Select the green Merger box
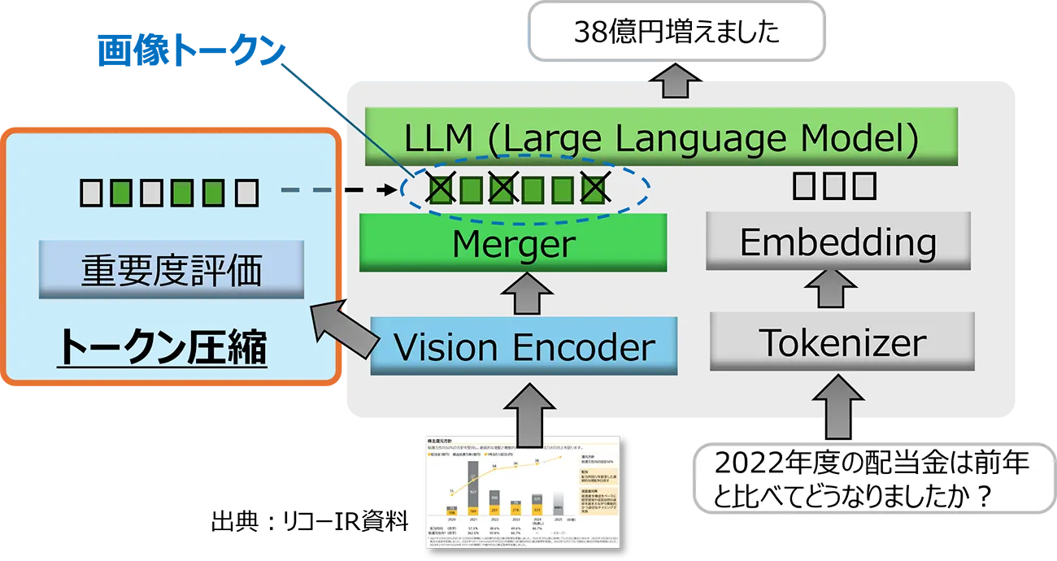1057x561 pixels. pyautogui.click(x=513, y=242)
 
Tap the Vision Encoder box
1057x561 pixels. pyautogui.click(x=524, y=347)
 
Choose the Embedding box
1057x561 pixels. pyautogui.click(x=837, y=241)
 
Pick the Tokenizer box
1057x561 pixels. pyautogui.click(x=842, y=343)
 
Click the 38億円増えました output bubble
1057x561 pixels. pyautogui.click(x=676, y=33)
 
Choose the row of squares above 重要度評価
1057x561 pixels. pyautogui.click(x=169, y=193)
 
